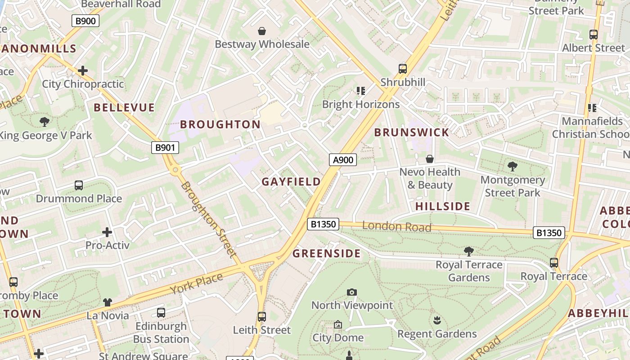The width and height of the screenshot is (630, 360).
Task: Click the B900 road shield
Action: pyautogui.click(x=85, y=21)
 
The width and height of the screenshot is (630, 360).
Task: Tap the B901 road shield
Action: pyautogui.click(x=165, y=148)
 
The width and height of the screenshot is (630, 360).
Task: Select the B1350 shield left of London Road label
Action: pyautogui.click(x=323, y=224)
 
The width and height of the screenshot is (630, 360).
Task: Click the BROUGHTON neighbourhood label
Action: pyautogui.click(x=220, y=125)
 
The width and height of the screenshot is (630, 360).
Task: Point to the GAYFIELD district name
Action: pyautogui.click(x=291, y=182)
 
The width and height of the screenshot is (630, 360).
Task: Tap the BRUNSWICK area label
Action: pyautogui.click(x=412, y=132)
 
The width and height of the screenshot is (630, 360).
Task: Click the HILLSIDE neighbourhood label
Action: pyautogui.click(x=442, y=207)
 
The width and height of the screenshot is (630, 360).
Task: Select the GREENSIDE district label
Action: pyautogui.click(x=327, y=254)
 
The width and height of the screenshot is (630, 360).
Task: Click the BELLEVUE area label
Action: pyautogui.click(x=124, y=108)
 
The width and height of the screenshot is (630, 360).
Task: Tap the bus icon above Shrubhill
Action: pyautogui.click(x=403, y=69)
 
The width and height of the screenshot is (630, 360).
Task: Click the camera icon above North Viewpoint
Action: pyautogui.click(x=352, y=292)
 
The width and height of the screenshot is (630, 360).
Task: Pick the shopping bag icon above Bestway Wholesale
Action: pyautogui.click(x=262, y=31)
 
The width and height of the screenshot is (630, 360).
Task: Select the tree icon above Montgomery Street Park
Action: pyautogui.click(x=512, y=166)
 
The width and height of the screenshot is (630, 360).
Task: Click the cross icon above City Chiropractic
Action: pyautogui.click(x=83, y=71)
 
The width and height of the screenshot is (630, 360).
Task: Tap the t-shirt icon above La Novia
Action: pyautogui.click(x=108, y=302)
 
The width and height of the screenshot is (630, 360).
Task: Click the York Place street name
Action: pyautogui.click(x=197, y=283)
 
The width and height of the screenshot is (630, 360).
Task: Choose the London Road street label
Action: pyautogui.click(x=396, y=226)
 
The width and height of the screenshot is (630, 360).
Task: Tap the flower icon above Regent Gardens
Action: pyautogui.click(x=436, y=320)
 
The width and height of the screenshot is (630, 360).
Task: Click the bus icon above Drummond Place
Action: pyautogui.click(x=79, y=185)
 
